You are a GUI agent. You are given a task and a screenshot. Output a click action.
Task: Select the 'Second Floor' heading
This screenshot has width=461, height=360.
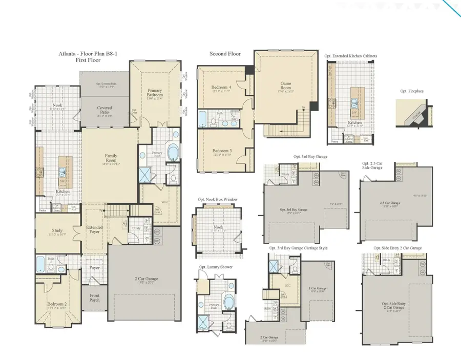224,53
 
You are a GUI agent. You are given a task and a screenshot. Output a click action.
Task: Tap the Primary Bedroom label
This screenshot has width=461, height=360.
154,92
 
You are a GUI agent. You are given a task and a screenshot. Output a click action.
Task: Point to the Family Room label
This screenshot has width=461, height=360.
111,157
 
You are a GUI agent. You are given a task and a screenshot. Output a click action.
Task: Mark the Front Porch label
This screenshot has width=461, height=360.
95,298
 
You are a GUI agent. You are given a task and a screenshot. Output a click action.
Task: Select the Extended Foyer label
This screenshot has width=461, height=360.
94,229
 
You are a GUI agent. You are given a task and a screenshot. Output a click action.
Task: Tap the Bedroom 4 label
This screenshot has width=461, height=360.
221,88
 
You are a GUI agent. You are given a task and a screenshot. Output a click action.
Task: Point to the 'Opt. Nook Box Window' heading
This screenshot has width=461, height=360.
218,199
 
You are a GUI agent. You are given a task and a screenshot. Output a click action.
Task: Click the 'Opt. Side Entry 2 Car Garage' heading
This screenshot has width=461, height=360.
394,248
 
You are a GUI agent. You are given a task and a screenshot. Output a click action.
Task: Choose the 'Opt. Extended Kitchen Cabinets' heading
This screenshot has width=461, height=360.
350,55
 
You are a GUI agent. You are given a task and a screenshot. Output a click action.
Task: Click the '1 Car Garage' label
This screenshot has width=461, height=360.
318,288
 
